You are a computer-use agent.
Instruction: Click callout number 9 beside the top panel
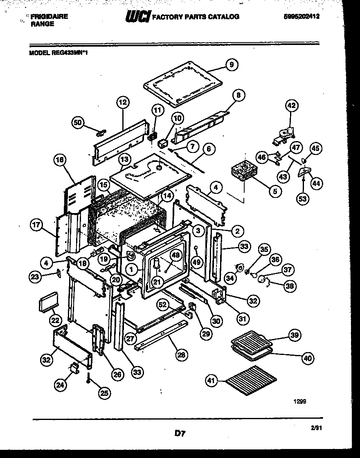231,64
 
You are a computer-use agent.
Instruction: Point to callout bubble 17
37,225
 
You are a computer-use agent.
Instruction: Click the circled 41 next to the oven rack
211,381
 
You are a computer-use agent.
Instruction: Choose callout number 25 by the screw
104,393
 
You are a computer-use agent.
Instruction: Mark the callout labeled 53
303,199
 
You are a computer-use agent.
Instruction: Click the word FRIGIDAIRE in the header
49,17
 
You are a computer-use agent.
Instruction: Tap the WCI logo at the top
138,17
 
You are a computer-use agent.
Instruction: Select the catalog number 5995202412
301,17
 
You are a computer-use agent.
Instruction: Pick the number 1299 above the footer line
299,401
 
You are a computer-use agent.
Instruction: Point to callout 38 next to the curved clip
290,285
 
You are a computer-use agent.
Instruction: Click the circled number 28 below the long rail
181,355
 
